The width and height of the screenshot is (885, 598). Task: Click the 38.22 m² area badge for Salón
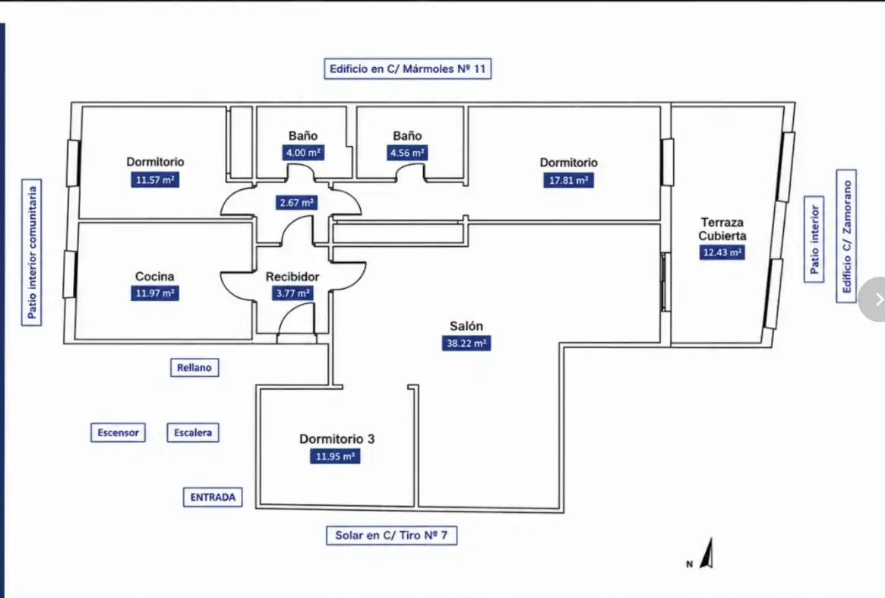pos(466,343)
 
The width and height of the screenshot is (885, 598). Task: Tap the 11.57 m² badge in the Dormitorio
pos(155,180)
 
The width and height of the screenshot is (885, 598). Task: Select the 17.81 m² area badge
pos(569,181)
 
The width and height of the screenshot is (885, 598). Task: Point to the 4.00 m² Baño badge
pos(303,153)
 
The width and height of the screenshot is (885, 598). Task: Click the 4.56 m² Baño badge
pos(407,153)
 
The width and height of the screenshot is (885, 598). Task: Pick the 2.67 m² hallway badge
pos(297,203)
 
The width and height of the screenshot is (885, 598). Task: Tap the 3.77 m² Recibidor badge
pos(293,293)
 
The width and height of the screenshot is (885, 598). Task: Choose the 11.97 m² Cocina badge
pos(155,293)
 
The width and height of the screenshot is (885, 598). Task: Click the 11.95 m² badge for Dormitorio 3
pos(335,456)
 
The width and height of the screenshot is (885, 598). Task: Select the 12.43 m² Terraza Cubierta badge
pos(722,252)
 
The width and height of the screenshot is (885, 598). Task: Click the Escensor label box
pos(118,432)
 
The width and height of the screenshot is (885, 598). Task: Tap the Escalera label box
pos(193,432)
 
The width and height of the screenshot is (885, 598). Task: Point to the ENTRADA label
pos(213,498)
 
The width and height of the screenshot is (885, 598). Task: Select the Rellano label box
pos(194,368)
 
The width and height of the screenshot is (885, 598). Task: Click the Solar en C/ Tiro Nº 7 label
pos(392,536)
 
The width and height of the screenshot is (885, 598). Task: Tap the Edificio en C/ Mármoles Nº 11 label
pos(407,69)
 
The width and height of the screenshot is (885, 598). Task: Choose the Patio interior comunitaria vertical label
pos(32,252)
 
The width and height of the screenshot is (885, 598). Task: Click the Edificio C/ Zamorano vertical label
pos(846,236)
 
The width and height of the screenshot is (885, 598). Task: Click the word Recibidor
pos(292,277)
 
